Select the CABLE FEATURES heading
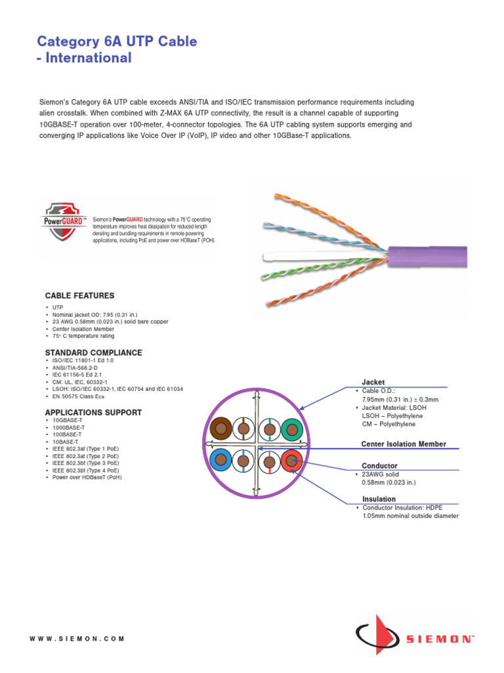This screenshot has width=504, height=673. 79,296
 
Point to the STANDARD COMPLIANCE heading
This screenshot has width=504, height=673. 93,353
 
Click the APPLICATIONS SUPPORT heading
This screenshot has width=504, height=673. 93,413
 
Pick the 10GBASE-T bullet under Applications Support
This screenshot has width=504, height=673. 68,420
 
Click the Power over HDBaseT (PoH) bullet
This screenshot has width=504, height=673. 89,477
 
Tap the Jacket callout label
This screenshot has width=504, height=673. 373,382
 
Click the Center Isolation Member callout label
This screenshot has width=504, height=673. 404,444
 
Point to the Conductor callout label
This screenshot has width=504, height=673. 380,466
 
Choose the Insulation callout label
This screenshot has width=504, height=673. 379,499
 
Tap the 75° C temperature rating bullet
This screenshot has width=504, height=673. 79,335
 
